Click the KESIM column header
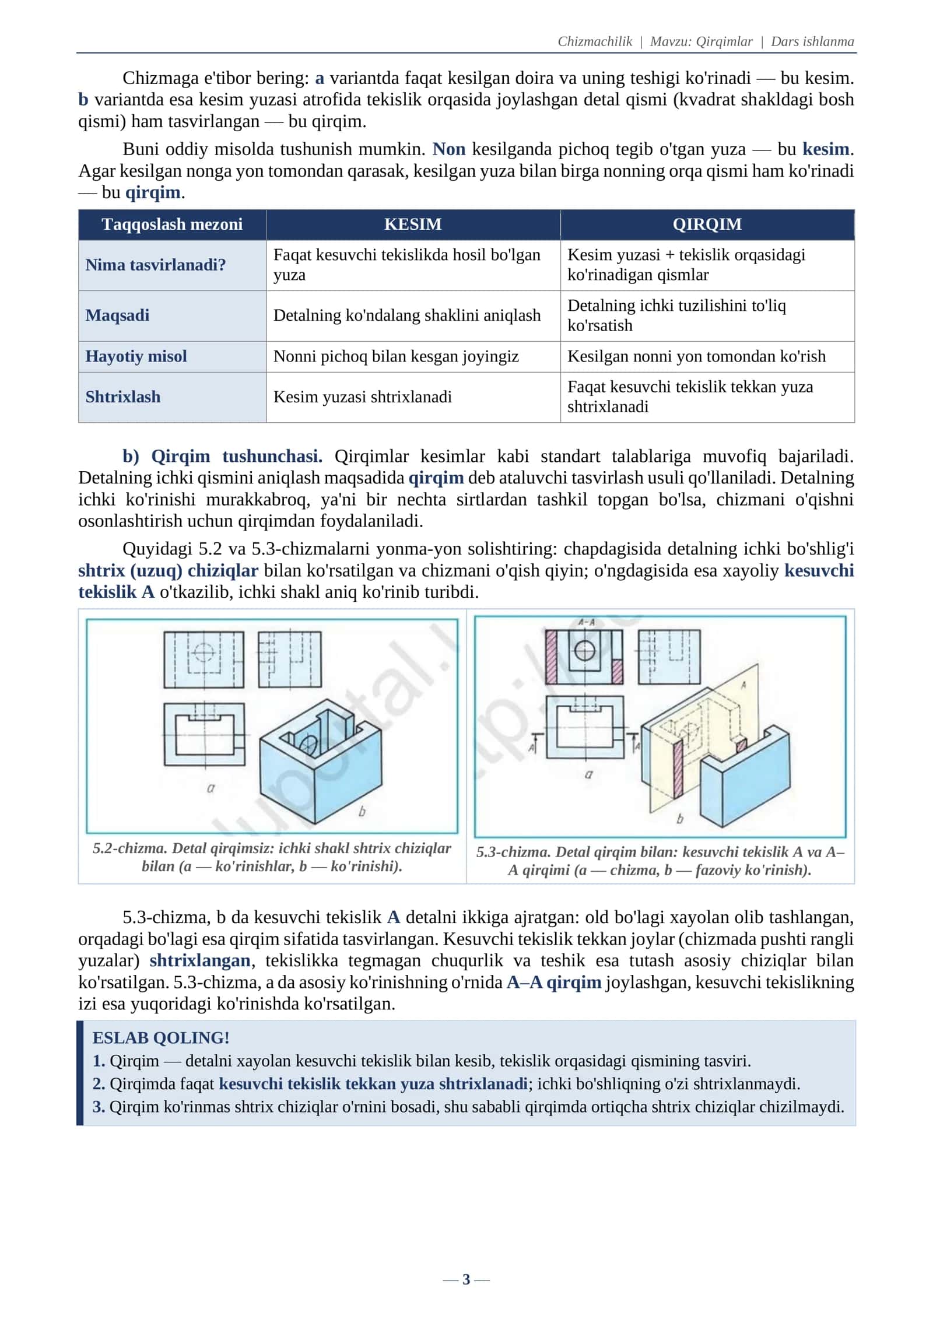tap(413, 224)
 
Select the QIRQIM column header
tap(707, 224)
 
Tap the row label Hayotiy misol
tap(136, 356)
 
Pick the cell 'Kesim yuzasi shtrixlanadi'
tap(363, 397)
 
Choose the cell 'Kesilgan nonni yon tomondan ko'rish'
tap(696, 356)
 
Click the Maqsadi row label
tap(117, 315)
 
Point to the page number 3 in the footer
tap(466, 1279)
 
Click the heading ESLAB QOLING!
tap(161, 1037)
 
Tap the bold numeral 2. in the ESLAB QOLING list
tap(99, 1083)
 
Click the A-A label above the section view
tap(586, 622)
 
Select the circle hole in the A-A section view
tap(585, 650)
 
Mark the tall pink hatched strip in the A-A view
tap(552, 657)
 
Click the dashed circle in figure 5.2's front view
tap(204, 651)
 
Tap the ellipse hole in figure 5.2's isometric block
tap(308, 743)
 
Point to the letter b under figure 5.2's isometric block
tap(362, 811)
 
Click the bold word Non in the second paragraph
tap(449, 149)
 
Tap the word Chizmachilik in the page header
tap(595, 41)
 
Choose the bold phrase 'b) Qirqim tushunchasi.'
tap(222, 456)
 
